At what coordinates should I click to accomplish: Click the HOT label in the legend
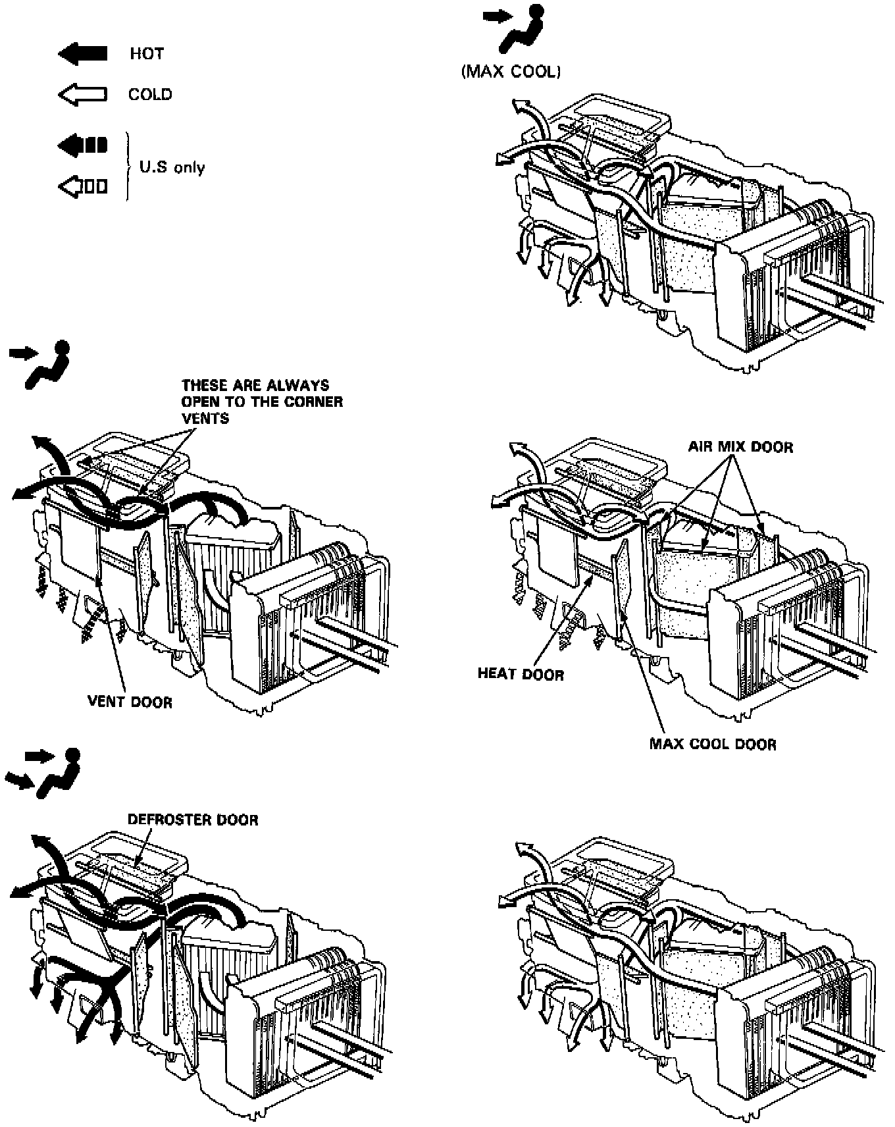[146, 54]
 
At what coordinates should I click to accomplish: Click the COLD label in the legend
[150, 95]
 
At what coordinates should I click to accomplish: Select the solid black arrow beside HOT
[83, 54]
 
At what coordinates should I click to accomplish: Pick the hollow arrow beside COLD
[83, 95]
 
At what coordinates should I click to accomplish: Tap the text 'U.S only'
[172, 167]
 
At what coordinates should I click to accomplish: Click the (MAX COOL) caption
[511, 72]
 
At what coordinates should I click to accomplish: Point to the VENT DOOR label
[130, 702]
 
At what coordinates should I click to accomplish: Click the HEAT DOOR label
[521, 674]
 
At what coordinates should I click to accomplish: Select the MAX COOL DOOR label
[713, 745]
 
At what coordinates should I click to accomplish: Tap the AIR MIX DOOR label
[740, 448]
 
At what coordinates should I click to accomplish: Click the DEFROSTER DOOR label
[193, 820]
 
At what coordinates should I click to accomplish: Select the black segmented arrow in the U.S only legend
[83, 145]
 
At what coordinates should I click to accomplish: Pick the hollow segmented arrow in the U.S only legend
[83, 188]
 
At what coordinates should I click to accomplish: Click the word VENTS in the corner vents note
[205, 418]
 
